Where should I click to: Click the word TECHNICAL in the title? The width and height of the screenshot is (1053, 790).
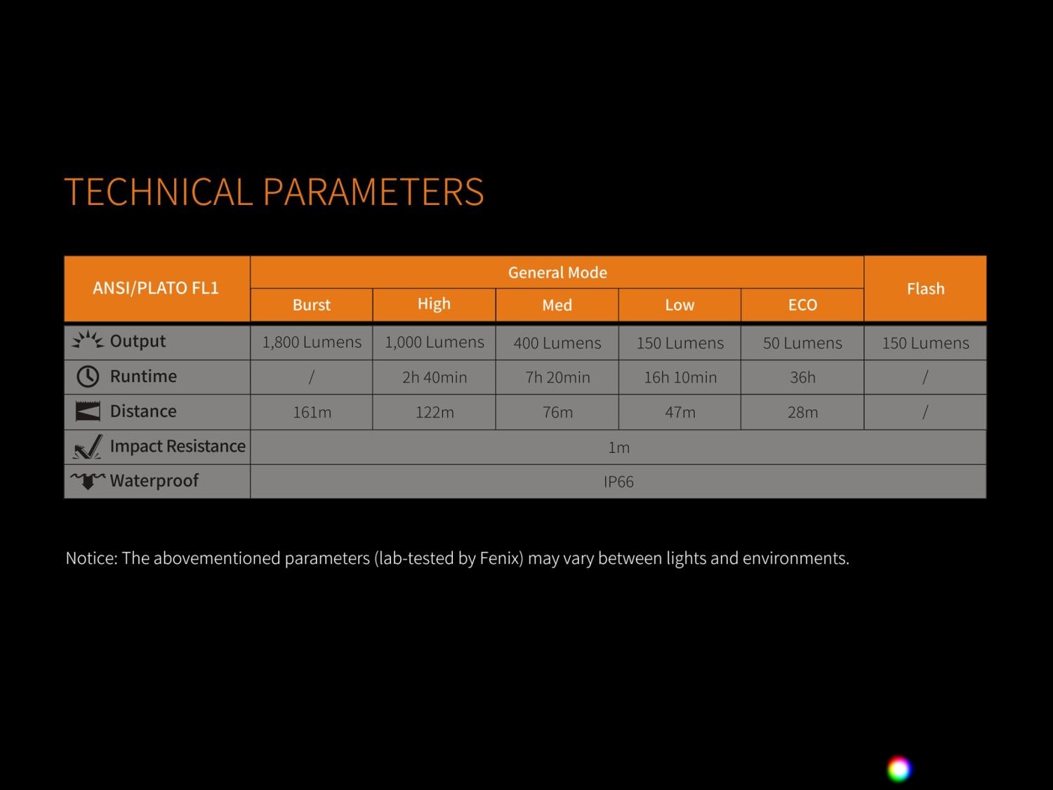159,192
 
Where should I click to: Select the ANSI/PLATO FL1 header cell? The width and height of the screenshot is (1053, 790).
157,289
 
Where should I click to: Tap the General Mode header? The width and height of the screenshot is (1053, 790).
557,272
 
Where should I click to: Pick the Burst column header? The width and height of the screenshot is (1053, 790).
312,305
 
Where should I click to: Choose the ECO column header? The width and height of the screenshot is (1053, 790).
802,305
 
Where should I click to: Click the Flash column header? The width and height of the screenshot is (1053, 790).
925,289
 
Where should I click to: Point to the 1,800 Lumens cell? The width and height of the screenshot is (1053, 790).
312,343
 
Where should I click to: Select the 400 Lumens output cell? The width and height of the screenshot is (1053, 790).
557,343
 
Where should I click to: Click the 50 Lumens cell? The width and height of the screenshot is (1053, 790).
802,343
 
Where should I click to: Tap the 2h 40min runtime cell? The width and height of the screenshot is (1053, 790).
434,378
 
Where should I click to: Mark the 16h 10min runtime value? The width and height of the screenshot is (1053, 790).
680,378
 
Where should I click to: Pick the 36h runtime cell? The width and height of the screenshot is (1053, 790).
802,378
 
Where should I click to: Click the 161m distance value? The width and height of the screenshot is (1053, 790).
312,412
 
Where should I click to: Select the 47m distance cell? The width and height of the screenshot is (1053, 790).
680,412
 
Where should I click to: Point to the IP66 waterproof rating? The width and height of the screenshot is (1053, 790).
618,482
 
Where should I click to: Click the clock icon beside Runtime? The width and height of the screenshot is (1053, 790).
88,376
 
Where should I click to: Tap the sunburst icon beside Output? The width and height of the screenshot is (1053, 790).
88,340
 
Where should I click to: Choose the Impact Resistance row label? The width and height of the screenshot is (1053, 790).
178,446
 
